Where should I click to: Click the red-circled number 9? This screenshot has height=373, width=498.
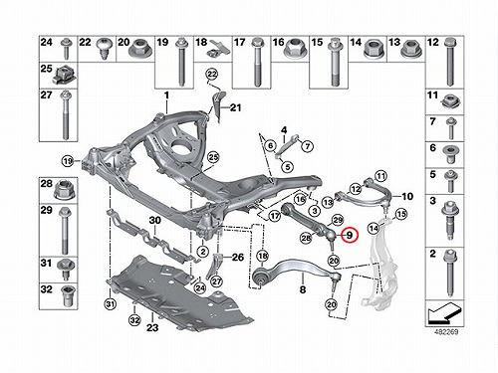(x=351, y=236)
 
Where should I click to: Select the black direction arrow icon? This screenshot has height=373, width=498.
(x=444, y=313)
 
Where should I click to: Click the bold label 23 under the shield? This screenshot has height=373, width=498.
(x=152, y=328)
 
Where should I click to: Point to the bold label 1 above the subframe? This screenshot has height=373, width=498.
(x=166, y=95)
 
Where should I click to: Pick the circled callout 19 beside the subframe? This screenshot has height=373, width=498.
(x=68, y=161)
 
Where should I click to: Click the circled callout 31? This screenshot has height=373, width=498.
(x=111, y=303)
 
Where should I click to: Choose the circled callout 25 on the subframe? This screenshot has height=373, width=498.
(x=213, y=157)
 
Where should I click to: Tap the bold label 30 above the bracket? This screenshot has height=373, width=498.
(x=154, y=220)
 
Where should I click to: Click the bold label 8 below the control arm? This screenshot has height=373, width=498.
(x=303, y=289)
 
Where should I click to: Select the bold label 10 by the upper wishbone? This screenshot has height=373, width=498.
(x=407, y=196)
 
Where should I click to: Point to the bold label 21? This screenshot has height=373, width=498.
(x=235, y=107)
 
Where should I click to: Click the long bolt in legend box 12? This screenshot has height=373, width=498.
(x=450, y=62)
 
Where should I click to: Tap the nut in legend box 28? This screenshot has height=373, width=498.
(x=63, y=190)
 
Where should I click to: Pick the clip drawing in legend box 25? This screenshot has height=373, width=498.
(x=61, y=76)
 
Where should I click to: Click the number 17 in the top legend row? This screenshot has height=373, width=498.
(x=239, y=43)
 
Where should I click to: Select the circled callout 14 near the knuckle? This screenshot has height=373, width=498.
(x=373, y=228)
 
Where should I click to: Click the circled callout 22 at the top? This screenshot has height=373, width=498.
(x=212, y=74)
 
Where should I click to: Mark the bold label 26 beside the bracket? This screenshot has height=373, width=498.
(x=238, y=257)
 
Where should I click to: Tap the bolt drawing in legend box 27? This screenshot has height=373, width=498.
(x=66, y=115)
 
